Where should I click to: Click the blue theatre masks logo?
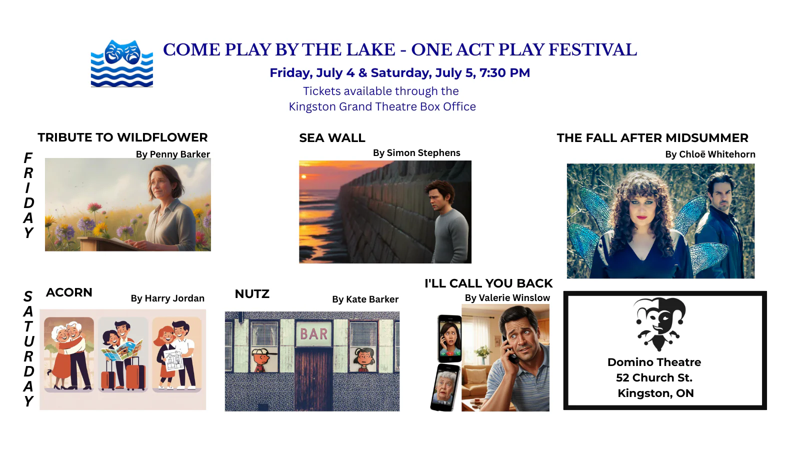click(122, 63)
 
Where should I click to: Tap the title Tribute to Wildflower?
click(122, 137)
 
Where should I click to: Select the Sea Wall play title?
click(332, 138)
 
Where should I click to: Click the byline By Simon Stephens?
click(416, 153)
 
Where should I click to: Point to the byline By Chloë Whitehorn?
click(710, 154)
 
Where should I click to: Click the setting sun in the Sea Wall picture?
click(304, 176)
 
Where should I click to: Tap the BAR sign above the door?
click(313, 334)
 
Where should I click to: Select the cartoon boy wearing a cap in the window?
click(262, 360)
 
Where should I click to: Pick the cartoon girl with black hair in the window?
click(363, 360)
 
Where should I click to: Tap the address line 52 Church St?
click(654, 377)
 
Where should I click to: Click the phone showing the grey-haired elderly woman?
click(445, 388)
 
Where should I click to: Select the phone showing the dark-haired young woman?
click(449, 338)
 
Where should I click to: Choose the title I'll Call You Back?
click(488, 283)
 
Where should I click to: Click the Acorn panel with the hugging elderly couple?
click(69, 354)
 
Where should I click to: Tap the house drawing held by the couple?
click(174, 359)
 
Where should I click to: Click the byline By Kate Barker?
click(365, 299)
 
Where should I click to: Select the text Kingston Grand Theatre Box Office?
click(382, 106)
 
